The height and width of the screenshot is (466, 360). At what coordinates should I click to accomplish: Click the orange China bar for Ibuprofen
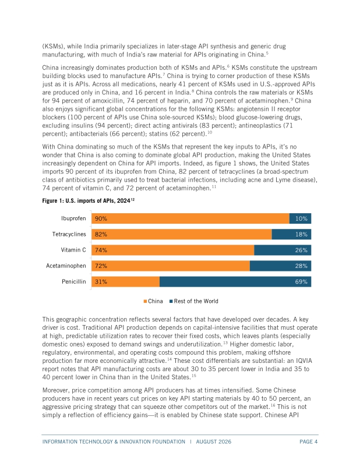coord(190,218)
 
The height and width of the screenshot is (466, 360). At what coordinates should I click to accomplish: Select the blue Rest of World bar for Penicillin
coord(235,282)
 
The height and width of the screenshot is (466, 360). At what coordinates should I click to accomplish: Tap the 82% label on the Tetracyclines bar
coord(101,234)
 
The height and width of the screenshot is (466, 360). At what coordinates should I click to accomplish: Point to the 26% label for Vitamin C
coord(301,250)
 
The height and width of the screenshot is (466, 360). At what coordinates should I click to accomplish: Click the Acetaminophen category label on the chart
coord(66,266)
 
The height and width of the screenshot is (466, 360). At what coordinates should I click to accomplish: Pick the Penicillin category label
coord(74,281)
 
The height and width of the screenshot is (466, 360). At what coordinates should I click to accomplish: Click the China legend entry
coord(153,301)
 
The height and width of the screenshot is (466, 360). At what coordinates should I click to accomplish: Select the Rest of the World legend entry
coord(194,301)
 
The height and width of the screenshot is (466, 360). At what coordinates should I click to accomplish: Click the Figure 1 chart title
coord(89,200)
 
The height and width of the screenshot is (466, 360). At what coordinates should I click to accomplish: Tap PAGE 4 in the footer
coord(308,442)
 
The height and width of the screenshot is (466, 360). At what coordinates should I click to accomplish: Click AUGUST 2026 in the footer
coord(213,442)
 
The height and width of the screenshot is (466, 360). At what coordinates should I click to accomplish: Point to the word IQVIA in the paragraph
coord(303,361)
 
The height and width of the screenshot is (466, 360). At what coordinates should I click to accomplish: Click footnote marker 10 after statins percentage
coord(210,132)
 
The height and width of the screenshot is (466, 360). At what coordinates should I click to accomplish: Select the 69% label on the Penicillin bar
coord(301,282)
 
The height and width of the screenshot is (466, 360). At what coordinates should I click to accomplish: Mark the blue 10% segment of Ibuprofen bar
coord(300,218)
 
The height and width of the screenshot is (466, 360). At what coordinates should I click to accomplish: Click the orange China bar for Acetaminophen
coord(171,266)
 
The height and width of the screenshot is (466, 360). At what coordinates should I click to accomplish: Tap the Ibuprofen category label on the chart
coord(73,218)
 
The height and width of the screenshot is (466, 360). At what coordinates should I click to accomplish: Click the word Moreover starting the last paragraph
coord(55,390)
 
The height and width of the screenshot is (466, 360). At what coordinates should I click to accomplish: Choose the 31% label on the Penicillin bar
coord(101,282)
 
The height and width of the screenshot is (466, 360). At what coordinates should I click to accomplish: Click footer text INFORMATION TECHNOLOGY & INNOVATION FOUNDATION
coord(114,442)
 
